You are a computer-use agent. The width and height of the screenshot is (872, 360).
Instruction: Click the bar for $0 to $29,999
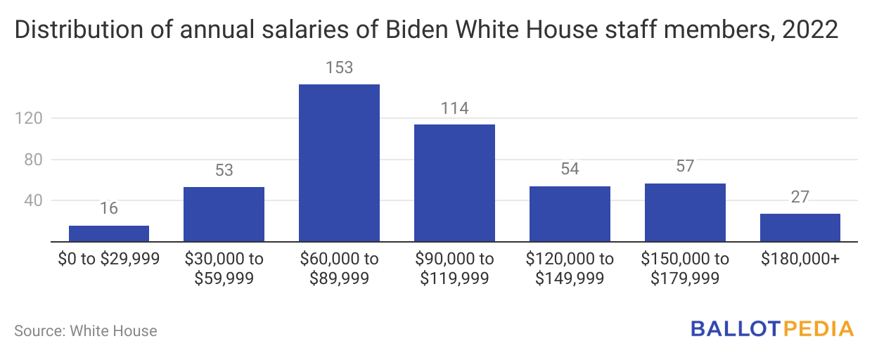[109, 233]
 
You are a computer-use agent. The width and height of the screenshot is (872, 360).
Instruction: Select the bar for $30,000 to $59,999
[224, 214]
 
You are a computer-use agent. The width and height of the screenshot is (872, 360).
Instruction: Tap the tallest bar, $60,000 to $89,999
[339, 163]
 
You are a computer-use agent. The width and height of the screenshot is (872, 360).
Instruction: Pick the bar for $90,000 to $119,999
[454, 183]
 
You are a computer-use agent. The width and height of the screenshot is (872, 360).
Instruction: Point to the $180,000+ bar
[800, 228]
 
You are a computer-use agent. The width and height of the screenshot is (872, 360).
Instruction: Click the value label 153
[339, 68]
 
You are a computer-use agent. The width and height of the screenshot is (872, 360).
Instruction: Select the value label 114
[454, 108]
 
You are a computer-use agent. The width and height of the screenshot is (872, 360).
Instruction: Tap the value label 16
[109, 209]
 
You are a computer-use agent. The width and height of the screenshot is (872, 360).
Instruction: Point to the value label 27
[800, 198]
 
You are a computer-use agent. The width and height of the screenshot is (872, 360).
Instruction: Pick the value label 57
[685, 167]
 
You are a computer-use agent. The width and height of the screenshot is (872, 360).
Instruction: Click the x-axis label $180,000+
[800, 259]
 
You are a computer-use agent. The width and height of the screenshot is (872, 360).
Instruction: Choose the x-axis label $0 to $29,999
[109, 259]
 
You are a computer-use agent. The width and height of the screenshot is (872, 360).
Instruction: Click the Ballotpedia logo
[772, 328]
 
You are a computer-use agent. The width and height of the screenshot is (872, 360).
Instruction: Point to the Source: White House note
[86, 330]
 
